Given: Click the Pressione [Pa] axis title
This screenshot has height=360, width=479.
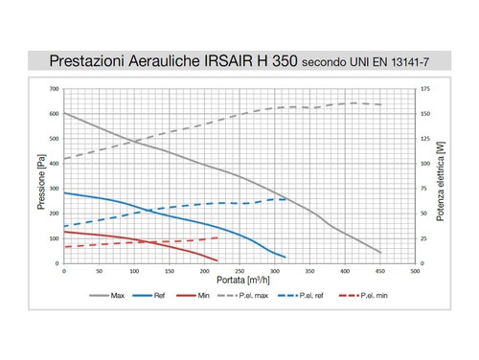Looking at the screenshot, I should (40, 176).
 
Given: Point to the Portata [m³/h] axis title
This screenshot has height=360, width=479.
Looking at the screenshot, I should (239, 281).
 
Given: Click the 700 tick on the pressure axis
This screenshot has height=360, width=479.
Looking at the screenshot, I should (54, 89).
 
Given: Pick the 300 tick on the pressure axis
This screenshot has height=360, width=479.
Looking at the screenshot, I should (54, 189).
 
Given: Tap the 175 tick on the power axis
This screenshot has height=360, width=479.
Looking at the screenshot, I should (425, 89).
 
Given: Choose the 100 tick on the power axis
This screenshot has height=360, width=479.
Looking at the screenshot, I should (425, 164).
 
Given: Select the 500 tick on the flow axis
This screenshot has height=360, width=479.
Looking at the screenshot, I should (415, 271).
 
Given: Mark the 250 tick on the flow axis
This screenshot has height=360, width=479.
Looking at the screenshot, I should (239, 271).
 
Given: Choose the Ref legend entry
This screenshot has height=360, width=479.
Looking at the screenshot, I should (157, 296).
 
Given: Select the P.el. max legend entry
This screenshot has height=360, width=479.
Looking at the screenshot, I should (256, 296).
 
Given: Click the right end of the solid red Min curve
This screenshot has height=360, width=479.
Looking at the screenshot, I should (217, 260).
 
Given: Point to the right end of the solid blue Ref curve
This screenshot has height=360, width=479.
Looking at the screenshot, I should (285, 257).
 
